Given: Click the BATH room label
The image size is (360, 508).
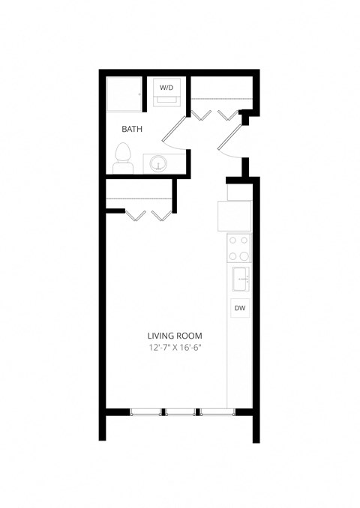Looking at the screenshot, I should tap(132, 129).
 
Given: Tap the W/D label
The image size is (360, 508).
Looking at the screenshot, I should tap(166, 88).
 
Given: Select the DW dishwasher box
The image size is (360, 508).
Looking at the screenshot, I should tap(239, 308).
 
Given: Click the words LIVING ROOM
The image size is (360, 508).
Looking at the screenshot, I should tap(175, 336).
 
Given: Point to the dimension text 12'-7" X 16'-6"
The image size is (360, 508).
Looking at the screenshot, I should tap(175, 348).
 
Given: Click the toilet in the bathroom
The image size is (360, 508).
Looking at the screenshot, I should tap(123, 160).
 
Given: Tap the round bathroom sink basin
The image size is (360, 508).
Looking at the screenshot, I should tap(158, 163).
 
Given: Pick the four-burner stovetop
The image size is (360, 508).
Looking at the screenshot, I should tap(239, 247).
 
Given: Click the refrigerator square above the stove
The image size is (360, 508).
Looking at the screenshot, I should tap(235, 216).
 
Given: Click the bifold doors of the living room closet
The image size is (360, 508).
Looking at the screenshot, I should tap(149, 217).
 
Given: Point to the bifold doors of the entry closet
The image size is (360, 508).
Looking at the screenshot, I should tap(214, 114).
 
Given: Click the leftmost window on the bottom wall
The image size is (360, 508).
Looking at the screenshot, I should tap(146, 411).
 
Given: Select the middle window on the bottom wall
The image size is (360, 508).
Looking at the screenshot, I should tap(181, 411).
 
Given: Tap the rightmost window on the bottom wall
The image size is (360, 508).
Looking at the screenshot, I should tap(216, 411).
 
